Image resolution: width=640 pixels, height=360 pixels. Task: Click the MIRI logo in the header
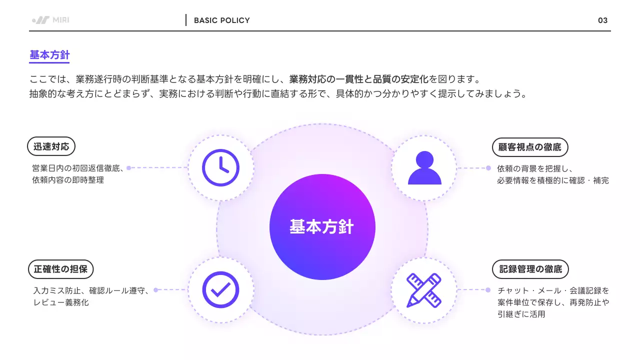click(x=50, y=20)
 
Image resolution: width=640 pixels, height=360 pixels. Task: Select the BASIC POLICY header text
click(x=221, y=20)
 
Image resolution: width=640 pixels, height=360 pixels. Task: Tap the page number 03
click(x=602, y=20)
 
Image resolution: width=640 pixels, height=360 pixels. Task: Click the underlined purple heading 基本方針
click(x=49, y=55)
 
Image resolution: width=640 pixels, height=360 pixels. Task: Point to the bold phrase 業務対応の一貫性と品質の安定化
click(x=359, y=79)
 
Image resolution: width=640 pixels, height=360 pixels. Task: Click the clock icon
click(x=220, y=167)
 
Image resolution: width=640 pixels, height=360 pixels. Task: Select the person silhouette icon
click(x=424, y=167)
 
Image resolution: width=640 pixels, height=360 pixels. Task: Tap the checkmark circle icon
click(x=220, y=289)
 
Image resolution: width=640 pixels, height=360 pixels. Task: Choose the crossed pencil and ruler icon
click(x=424, y=290)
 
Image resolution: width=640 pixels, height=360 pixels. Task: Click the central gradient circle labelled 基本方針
click(x=322, y=227)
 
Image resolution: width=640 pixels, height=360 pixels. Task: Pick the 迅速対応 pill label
click(x=51, y=146)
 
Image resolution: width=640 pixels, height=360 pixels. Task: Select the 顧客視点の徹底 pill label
click(x=530, y=147)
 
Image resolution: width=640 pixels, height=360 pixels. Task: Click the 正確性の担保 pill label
click(x=60, y=269)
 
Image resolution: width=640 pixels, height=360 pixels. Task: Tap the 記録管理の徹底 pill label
click(x=530, y=269)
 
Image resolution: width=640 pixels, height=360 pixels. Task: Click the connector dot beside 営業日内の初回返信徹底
click(x=129, y=168)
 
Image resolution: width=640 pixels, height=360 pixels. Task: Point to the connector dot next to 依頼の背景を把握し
click(x=488, y=168)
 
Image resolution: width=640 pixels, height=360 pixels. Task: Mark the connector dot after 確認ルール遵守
click(x=155, y=290)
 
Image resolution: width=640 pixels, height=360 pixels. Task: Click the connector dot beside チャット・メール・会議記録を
click(x=488, y=290)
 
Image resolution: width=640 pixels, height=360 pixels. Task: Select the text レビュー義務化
click(x=61, y=302)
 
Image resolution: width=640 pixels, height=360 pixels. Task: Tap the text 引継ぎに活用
click(x=521, y=314)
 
